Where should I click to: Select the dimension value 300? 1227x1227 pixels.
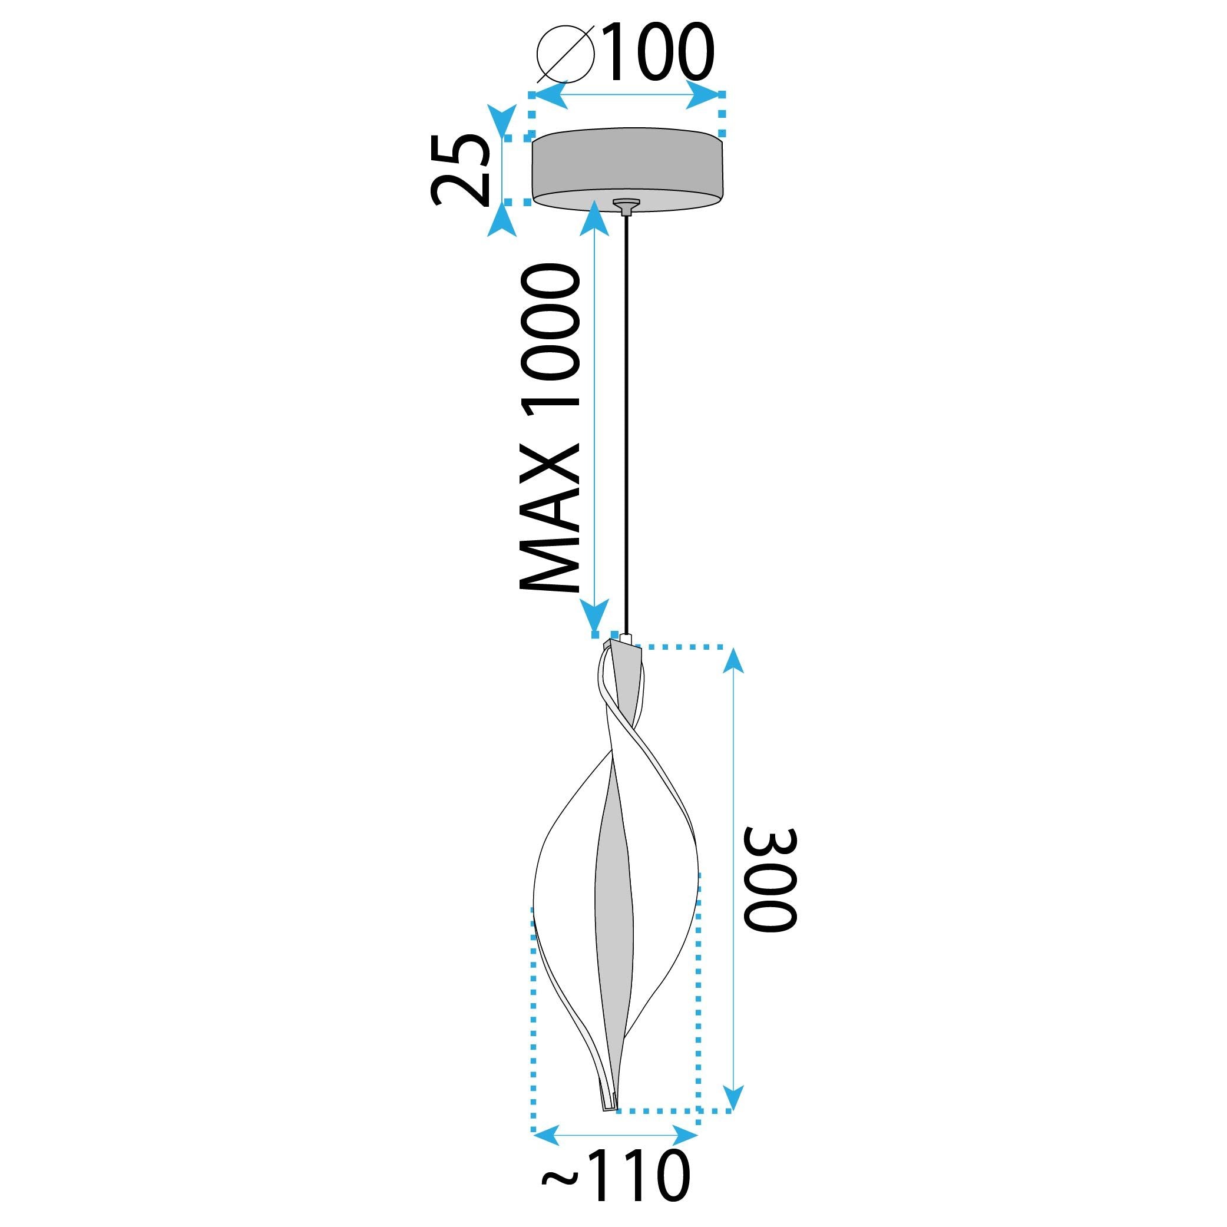769,879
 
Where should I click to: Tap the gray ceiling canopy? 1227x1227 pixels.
627,166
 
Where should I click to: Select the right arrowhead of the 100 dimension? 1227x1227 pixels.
705,96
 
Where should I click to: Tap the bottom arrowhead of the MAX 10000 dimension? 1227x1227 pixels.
594,616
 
